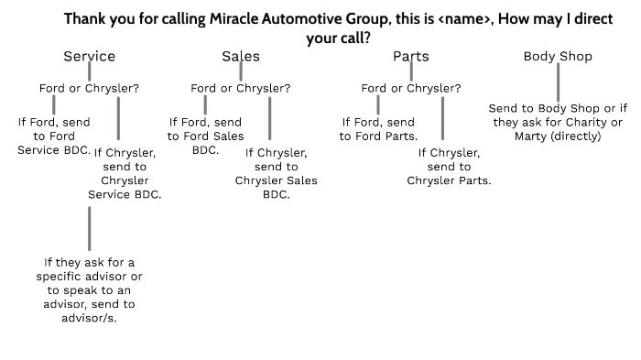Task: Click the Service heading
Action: (89, 57)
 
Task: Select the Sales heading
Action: (241, 57)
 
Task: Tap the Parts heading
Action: (411, 57)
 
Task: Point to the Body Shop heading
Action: (558, 57)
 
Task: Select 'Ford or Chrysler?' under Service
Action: (89, 89)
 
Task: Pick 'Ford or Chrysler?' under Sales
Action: (241, 89)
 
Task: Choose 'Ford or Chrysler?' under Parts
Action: (411, 89)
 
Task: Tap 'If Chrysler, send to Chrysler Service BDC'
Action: (125, 174)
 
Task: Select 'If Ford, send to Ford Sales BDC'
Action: (205, 135)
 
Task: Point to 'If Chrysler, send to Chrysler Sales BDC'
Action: (276, 174)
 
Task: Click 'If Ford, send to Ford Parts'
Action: (378, 129)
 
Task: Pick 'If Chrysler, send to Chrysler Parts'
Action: (449, 167)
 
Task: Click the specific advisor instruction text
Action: (88, 289)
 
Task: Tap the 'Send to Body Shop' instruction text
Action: (557, 123)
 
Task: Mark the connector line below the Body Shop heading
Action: (558, 82)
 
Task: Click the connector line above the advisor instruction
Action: (89, 228)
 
